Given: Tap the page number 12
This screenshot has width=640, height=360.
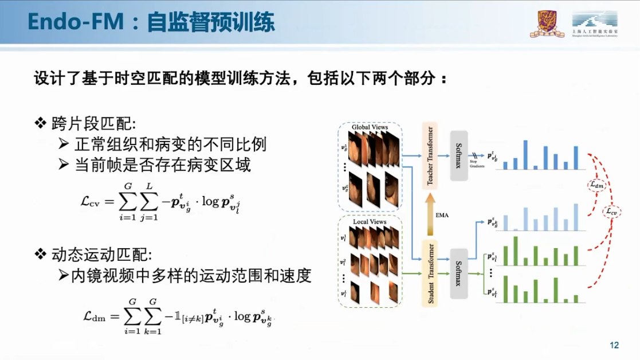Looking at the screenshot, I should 614,345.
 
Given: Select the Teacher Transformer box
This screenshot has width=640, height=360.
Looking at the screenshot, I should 430,155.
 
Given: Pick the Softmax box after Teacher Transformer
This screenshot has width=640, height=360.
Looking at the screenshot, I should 459,155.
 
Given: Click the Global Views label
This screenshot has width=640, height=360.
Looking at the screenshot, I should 370,127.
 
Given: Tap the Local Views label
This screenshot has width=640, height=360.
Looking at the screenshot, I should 370,221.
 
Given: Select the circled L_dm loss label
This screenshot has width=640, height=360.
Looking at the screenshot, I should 596,185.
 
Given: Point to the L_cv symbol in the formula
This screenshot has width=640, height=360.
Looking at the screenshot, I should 91,201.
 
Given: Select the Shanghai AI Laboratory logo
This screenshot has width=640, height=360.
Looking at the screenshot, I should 594,24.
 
